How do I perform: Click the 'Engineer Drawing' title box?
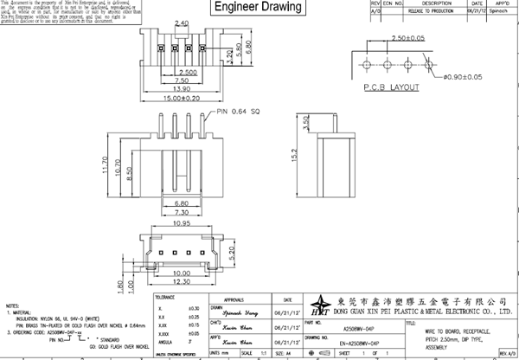[x=258, y=9]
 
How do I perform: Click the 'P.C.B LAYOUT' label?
[x=393, y=87]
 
